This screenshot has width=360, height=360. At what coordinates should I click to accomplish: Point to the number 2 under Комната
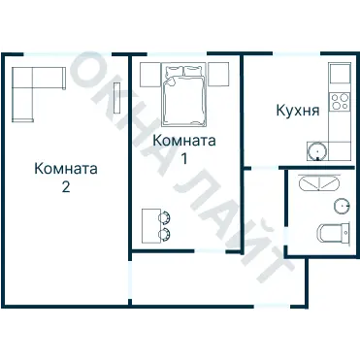(66, 187)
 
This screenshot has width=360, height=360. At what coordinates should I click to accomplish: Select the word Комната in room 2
(66, 168)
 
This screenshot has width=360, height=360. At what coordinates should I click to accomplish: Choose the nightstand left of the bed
(148, 73)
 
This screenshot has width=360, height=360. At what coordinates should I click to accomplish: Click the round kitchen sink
(316, 150)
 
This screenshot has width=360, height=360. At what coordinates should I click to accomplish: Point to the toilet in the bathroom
(330, 233)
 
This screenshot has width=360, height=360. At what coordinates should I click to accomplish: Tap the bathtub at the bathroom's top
(319, 182)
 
